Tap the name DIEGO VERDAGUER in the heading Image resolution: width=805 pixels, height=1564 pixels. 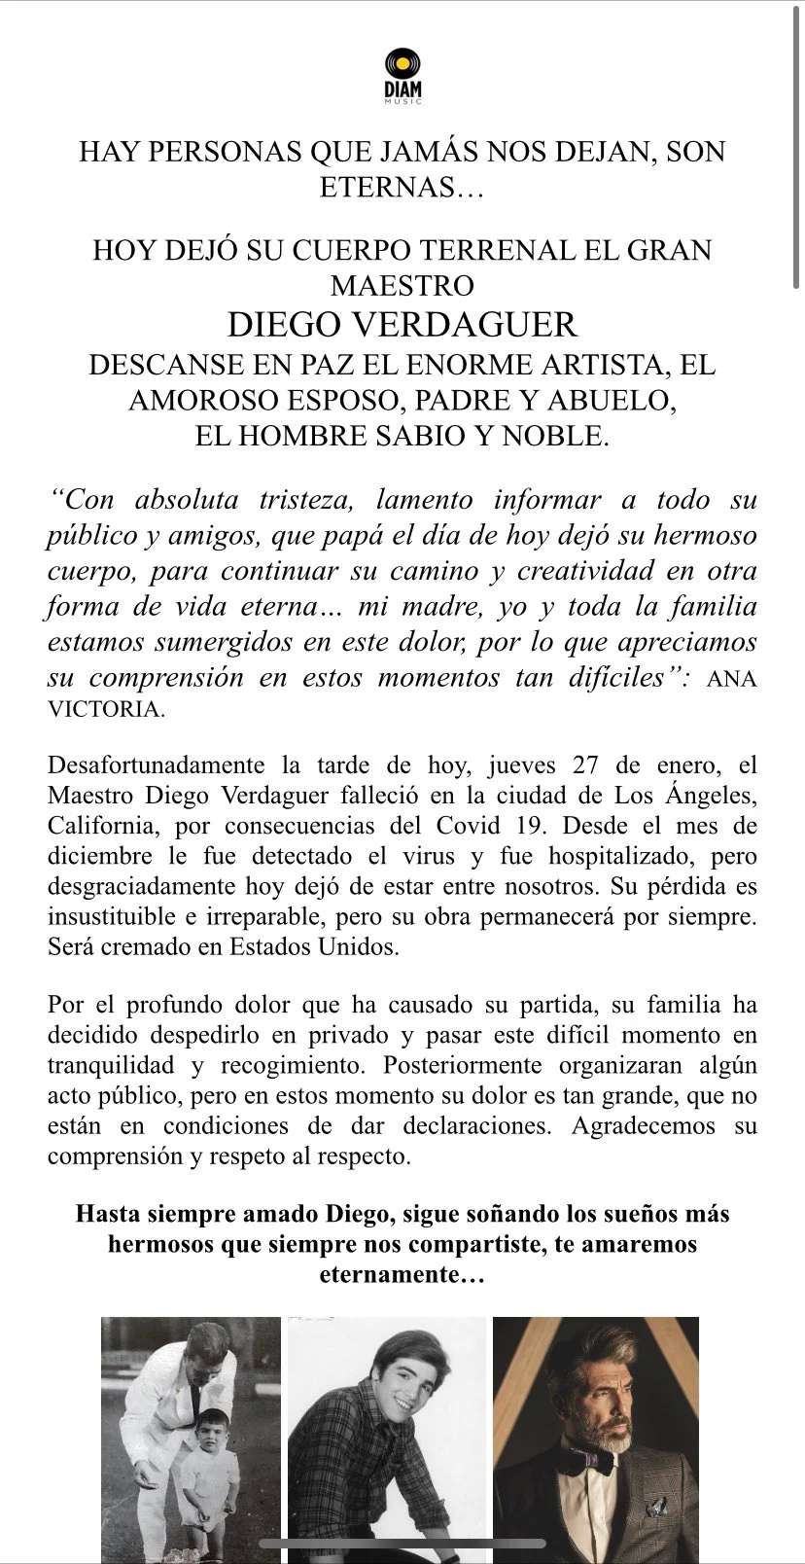(402, 323)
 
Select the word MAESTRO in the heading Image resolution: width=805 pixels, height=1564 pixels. (402, 285)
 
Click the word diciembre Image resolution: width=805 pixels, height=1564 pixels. (101, 857)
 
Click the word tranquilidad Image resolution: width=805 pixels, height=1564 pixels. (111, 1065)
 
